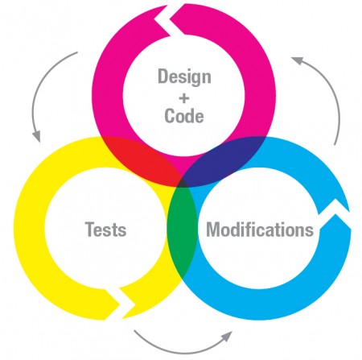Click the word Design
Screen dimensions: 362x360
(x=184, y=77)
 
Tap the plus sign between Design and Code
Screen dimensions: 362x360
(x=184, y=98)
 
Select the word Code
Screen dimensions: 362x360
(x=184, y=116)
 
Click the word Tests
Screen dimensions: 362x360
(x=106, y=230)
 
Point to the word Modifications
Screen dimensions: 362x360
(x=260, y=230)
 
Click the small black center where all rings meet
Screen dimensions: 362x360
(x=183, y=183)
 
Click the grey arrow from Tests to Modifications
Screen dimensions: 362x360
(x=183, y=349)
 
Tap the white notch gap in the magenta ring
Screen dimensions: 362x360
(x=167, y=20)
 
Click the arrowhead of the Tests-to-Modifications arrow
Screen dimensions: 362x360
(x=228, y=336)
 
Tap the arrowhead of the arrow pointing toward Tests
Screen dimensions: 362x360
(x=37, y=137)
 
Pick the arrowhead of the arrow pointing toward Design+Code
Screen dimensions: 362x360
(x=297, y=60)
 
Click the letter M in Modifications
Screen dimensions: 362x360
(x=214, y=230)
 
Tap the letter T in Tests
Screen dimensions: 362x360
(x=90, y=230)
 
